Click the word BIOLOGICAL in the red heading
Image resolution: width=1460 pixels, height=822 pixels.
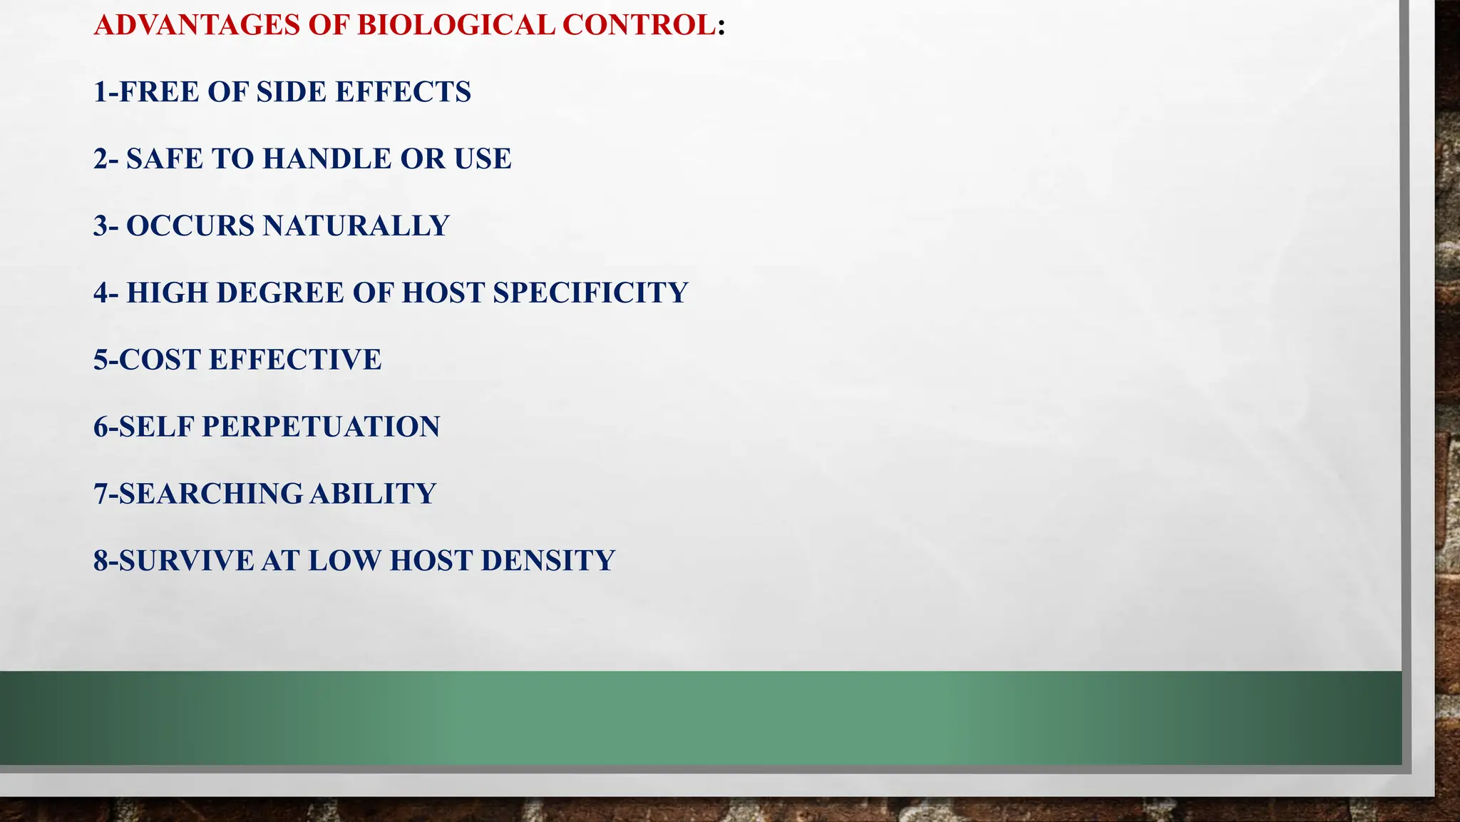pyautogui.click(x=456, y=25)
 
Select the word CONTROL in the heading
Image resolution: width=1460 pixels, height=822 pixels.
pyautogui.click(x=639, y=25)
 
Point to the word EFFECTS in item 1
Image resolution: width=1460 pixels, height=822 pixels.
pyautogui.click(x=403, y=92)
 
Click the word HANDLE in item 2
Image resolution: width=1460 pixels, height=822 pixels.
pyautogui.click(x=327, y=159)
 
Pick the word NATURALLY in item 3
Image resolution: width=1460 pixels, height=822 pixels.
pyautogui.click(x=356, y=226)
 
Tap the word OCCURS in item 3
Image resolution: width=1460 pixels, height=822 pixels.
pyautogui.click(x=190, y=226)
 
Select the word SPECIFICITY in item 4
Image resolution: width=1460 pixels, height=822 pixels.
pyautogui.click(x=590, y=293)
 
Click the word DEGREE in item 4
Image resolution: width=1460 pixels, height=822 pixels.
pyautogui.click(x=280, y=293)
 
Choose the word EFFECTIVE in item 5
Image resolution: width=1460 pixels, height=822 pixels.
pyautogui.click(x=295, y=360)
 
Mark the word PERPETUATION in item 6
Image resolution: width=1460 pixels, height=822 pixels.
pyautogui.click(x=321, y=427)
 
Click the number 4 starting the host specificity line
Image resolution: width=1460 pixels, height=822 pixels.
pyautogui.click(x=101, y=293)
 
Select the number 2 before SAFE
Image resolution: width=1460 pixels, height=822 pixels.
pyautogui.click(x=101, y=159)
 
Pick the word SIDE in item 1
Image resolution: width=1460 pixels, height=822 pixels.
pyautogui.click(x=292, y=92)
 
